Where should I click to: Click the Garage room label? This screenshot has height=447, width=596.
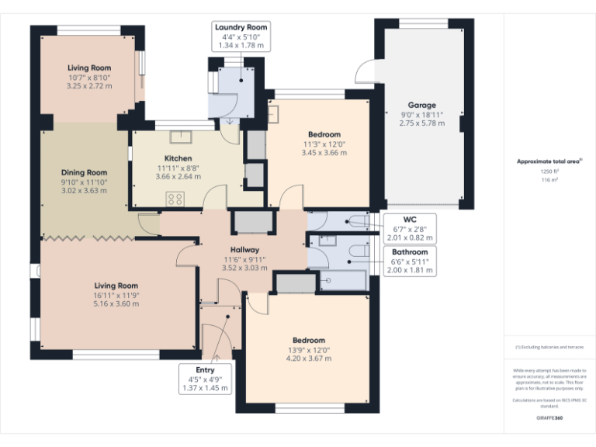tap(422, 105)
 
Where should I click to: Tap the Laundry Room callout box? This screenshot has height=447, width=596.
tap(241, 36)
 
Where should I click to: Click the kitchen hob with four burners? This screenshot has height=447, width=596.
tap(175, 198)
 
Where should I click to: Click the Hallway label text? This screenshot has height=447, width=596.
tap(244, 249)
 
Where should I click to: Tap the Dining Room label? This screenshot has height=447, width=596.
tap(85, 172)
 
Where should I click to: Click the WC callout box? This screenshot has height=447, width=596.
tap(409, 228)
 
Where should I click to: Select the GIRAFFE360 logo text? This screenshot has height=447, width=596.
tap(549, 418)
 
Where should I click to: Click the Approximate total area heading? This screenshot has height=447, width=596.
tap(549, 161)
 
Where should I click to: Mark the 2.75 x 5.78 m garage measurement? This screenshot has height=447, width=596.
tap(422, 123)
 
